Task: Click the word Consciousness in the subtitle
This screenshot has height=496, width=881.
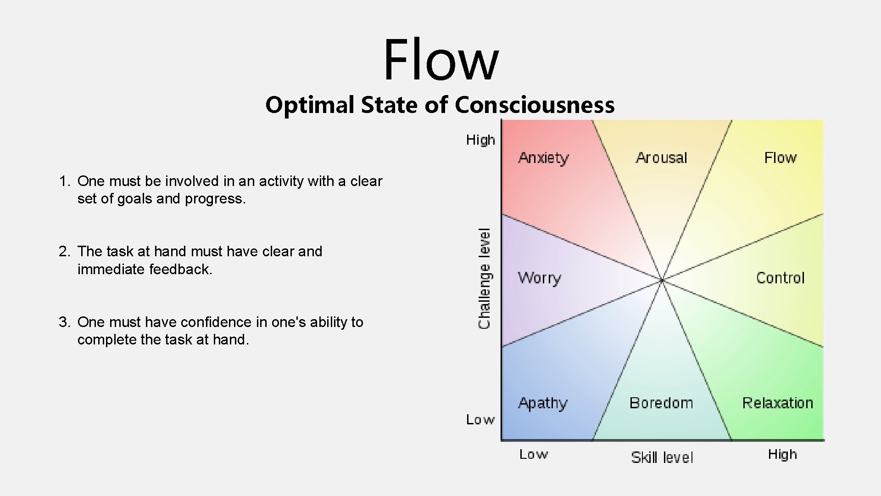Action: tap(535, 105)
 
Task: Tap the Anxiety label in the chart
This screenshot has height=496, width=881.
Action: tap(543, 158)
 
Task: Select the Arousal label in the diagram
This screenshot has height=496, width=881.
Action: tap(661, 158)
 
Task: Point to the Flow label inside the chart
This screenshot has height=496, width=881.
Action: tap(780, 158)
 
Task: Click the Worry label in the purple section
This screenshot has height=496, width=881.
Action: tap(540, 278)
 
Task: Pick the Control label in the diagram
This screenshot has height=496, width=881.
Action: tap(780, 278)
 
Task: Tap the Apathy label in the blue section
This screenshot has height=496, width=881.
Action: tap(543, 403)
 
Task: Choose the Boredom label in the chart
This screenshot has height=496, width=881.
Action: tap(661, 403)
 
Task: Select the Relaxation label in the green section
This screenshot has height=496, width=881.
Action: tap(777, 403)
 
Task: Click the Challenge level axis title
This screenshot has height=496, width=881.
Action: tap(485, 278)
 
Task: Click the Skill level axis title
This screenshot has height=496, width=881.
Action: tap(662, 457)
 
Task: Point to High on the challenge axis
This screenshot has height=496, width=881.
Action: tap(480, 140)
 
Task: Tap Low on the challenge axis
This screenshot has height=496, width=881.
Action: tap(480, 420)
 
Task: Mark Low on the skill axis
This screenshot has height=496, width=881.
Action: tap(533, 455)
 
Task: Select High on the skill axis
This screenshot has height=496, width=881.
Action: tap(782, 455)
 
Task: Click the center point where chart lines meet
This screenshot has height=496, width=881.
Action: tap(662, 280)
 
